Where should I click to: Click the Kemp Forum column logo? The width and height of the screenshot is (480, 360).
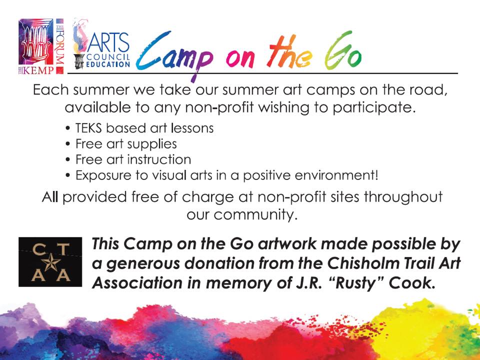click(41, 46)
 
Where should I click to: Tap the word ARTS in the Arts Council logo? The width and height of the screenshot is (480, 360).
click(108, 43)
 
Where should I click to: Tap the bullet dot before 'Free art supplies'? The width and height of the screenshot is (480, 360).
click(68, 144)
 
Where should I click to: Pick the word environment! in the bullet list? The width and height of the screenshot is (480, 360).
click(336, 175)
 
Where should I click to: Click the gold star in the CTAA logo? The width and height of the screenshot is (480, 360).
click(51, 262)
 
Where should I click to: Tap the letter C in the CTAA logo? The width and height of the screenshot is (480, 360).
click(39, 249)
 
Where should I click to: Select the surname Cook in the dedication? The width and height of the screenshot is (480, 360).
click(411, 283)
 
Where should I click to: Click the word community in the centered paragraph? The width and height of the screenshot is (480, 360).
click(255, 215)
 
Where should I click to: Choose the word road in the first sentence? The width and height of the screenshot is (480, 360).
click(426, 90)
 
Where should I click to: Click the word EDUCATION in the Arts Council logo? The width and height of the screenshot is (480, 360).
click(108, 64)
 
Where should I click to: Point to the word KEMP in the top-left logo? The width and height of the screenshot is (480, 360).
click(38, 70)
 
